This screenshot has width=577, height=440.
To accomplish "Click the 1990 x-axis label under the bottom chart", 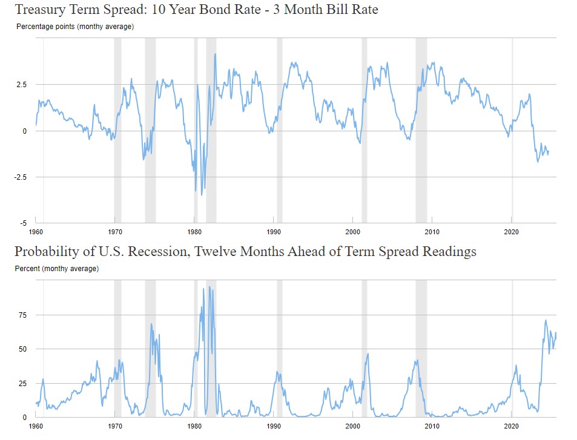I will pyautogui.click(x=274, y=426).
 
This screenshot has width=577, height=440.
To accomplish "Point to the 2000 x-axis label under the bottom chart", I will pyautogui.click(x=353, y=426).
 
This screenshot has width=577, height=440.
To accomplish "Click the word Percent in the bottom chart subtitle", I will pyautogui.click(x=27, y=268).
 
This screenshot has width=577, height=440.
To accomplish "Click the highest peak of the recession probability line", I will pyautogui.click(x=209, y=287).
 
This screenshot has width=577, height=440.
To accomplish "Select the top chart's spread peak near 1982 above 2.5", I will pyautogui.click(x=215, y=54).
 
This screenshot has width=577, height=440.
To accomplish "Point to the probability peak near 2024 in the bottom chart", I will pyautogui.click(x=546, y=320).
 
